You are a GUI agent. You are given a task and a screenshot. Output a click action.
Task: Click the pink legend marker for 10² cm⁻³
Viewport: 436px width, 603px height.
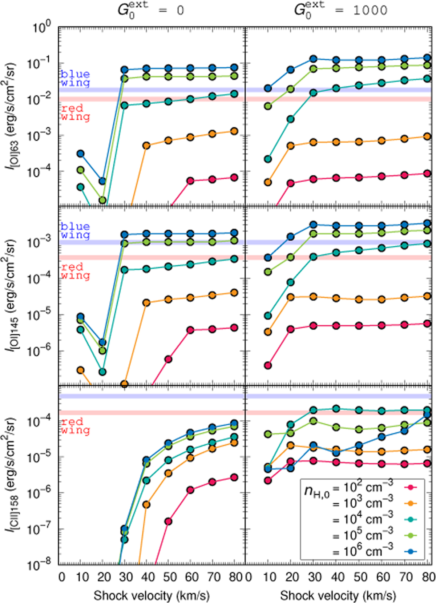tap(411, 487)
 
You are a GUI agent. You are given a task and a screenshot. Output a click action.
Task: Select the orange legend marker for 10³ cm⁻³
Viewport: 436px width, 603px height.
tap(411, 503)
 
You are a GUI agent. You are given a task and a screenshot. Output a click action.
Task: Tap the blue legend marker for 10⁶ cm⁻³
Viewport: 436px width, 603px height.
tap(411, 552)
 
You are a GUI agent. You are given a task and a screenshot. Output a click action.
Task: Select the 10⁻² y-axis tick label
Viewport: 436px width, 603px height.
tap(40, 99)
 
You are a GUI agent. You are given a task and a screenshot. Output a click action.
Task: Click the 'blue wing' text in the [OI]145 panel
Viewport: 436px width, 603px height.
tap(75, 230)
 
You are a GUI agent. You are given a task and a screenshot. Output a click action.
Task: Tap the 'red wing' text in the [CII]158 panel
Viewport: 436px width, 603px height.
tap(75, 426)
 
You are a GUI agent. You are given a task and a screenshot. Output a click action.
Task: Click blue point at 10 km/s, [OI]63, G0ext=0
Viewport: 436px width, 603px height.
tap(80, 154)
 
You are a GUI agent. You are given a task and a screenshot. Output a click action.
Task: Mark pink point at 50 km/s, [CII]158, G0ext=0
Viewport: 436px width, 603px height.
tap(168, 521)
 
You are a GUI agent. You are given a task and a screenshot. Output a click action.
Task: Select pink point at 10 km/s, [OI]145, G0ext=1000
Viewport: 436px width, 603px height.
tap(268, 365)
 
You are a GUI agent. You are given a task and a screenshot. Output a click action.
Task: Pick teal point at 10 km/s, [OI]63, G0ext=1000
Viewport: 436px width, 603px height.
tap(268, 159)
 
